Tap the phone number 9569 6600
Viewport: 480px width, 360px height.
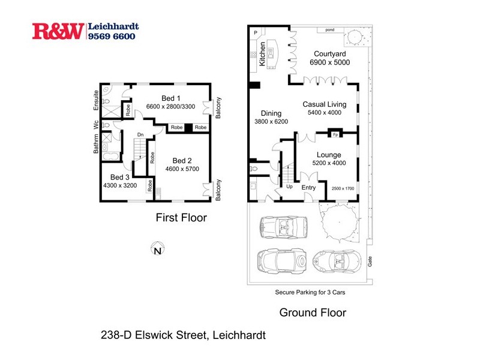[x=112, y=36]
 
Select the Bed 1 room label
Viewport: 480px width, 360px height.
[x=171, y=98]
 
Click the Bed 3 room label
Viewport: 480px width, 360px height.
[x=120, y=177]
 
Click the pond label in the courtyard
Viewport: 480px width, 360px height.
[x=329, y=29]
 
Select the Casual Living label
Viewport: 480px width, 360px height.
[x=323, y=104]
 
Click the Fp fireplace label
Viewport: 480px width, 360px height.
[x=335, y=134]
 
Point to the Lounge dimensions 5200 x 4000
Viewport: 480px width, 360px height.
[x=329, y=164]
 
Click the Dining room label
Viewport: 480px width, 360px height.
[x=271, y=113]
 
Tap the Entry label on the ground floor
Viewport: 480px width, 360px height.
[x=308, y=188]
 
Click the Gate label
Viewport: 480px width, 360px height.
[x=370, y=262]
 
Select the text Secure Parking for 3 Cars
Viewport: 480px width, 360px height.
[x=308, y=293]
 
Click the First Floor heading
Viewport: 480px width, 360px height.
[x=181, y=218]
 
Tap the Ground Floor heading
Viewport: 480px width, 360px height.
[x=313, y=313]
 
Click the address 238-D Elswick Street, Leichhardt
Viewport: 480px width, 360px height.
[x=182, y=336]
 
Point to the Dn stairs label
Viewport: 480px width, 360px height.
[x=140, y=134]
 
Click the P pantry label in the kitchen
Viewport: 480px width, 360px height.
[x=255, y=32]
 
